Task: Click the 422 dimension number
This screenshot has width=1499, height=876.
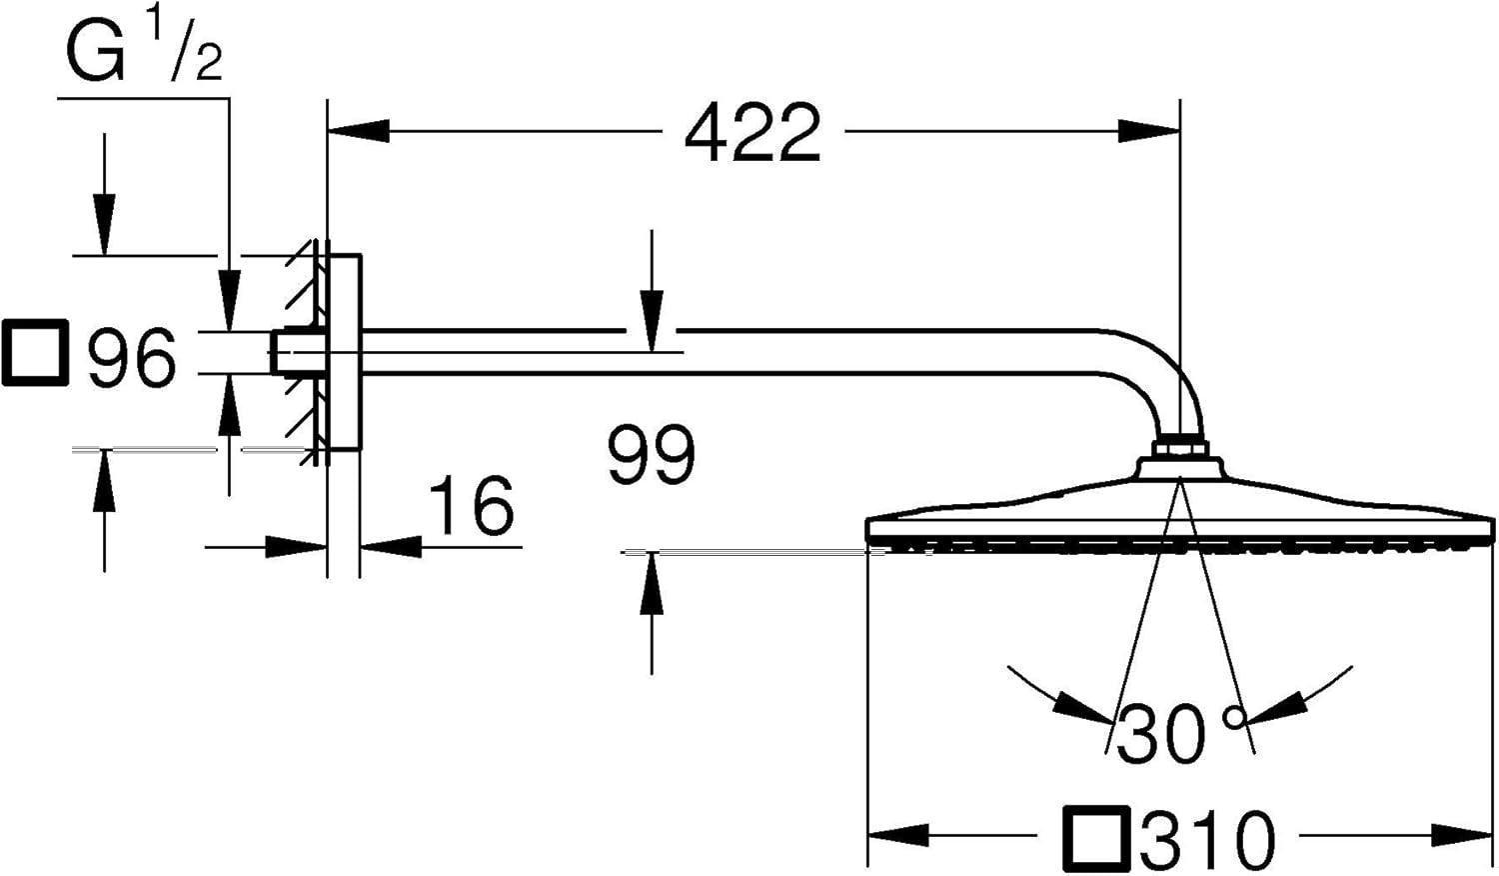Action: [752, 133]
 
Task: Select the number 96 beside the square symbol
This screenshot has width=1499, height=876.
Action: [132, 357]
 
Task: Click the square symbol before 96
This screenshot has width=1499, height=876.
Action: [35, 352]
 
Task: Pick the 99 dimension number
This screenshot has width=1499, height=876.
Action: [652, 454]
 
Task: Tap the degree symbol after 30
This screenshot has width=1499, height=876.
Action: [1233, 718]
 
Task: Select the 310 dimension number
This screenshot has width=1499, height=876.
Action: [1206, 839]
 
